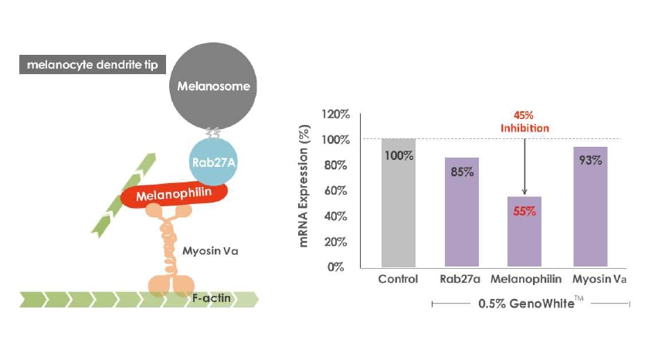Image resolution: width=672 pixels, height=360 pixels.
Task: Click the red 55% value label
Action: click(x=525, y=210)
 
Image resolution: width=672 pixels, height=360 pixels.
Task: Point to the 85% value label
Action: click(x=462, y=171)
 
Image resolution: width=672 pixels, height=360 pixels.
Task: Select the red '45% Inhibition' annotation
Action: click(x=524, y=122)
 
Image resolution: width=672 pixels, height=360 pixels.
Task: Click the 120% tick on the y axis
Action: click(x=336, y=114)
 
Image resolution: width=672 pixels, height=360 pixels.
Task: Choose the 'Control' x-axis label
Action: click(x=399, y=279)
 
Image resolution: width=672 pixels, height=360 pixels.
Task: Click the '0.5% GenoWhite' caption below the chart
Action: click(x=530, y=304)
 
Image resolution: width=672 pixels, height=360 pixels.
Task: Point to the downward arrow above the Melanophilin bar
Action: click(x=524, y=166)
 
